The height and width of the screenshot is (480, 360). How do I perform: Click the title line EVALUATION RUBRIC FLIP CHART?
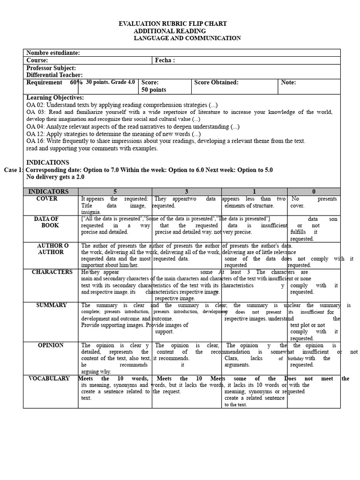click(173, 24)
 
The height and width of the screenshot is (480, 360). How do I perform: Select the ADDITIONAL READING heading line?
click(170, 31)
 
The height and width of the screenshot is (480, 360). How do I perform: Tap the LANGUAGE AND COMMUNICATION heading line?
click(187, 38)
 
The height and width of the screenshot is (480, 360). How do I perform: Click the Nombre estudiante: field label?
click(53, 53)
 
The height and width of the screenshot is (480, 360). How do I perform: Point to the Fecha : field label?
click(165, 60)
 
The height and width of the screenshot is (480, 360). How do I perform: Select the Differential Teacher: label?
click(54, 75)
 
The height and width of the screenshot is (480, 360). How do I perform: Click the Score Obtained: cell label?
click(216, 82)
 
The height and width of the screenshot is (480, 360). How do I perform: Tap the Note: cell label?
click(288, 82)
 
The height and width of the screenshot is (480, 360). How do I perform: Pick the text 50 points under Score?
click(154, 90)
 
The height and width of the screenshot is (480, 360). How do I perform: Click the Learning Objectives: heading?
click(55, 97)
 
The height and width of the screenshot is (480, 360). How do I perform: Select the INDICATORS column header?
click(48, 191)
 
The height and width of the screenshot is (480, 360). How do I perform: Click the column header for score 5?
click(115, 191)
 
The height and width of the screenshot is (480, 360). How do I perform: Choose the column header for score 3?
click(186, 191)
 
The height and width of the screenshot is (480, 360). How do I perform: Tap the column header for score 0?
click(314, 191)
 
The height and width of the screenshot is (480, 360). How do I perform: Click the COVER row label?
click(47, 199)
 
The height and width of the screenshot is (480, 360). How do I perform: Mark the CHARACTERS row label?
click(52, 272)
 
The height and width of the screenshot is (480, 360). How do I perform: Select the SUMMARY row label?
click(52, 305)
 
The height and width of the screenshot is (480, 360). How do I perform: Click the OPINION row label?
click(51, 345)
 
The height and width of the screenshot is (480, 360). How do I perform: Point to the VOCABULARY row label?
click(49, 379)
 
